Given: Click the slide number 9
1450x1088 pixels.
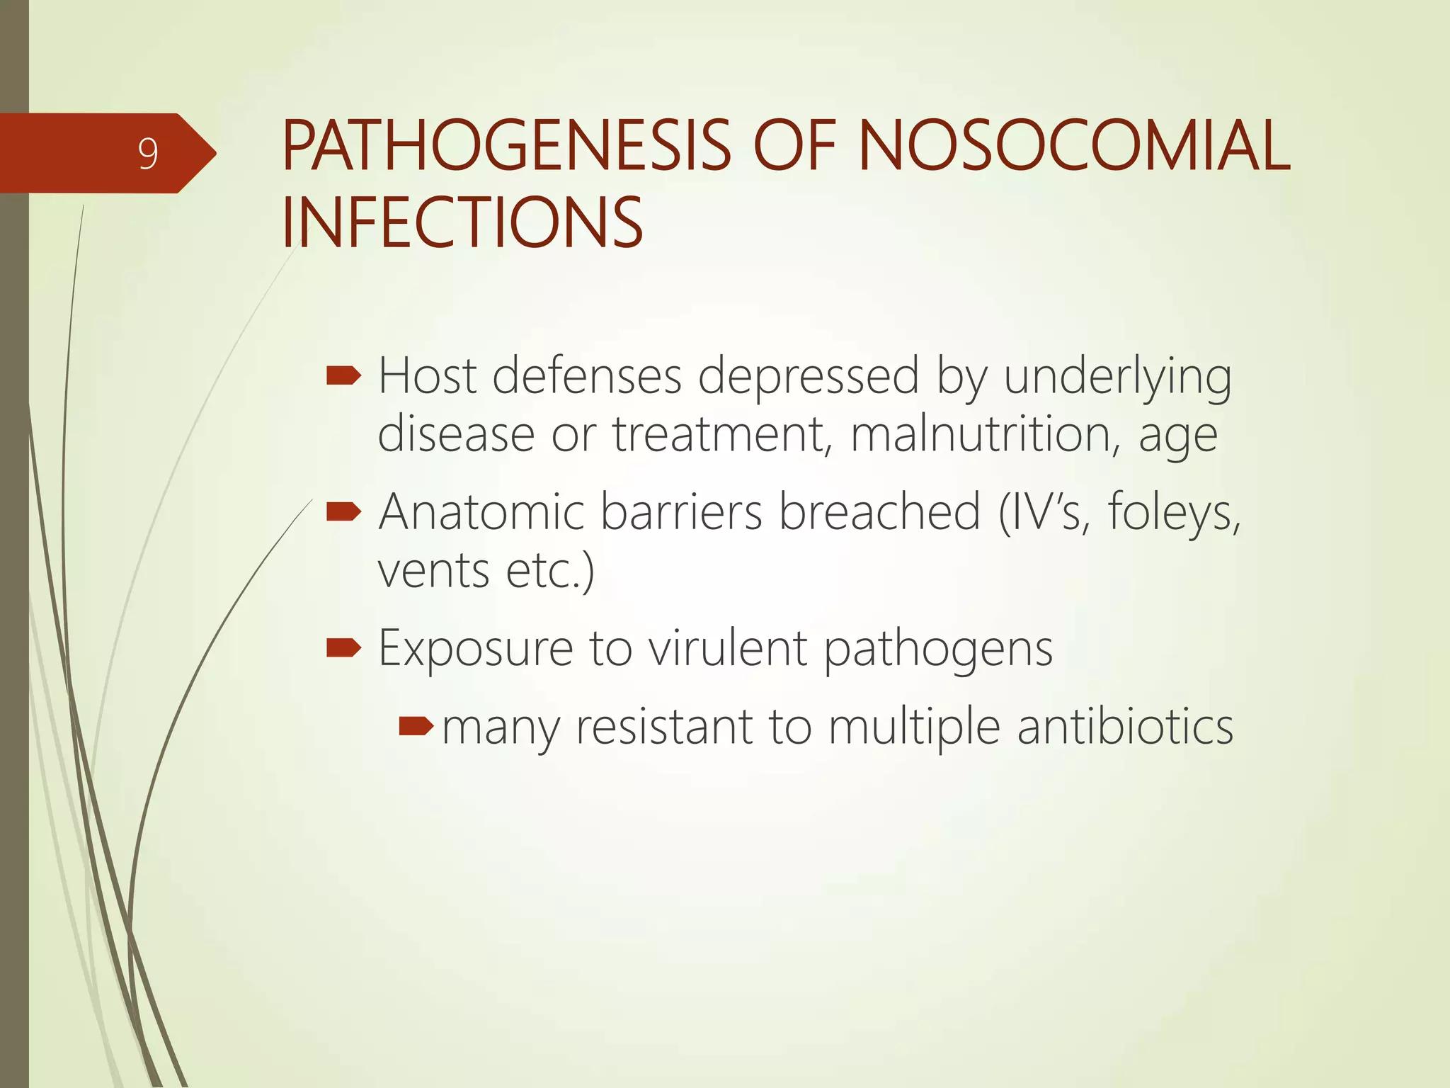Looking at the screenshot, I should pos(147,153).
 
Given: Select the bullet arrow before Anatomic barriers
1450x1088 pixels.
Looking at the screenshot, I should pos(343,511).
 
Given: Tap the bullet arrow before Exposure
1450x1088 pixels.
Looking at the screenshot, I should pos(343,647).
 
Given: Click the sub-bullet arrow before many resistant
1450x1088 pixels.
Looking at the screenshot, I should pos(416,726).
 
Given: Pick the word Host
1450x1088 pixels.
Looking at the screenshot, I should pos(427,375).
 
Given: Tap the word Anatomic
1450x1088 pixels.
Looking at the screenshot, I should pos(481,511).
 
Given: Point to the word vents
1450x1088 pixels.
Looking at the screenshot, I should pos(433,571).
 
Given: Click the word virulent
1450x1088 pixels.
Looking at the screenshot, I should pos(728,647).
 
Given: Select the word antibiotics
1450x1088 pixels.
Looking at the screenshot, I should pos(1125,727).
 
